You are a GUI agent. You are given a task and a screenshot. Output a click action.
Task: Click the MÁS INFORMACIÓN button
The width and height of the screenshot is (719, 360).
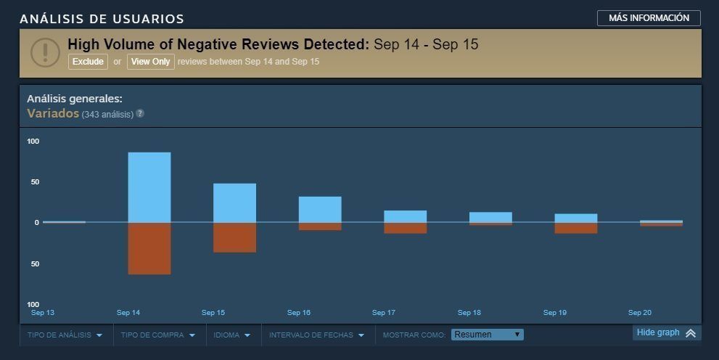click(x=649, y=18)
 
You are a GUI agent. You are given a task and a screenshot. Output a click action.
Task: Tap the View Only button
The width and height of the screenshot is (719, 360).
click(x=151, y=62)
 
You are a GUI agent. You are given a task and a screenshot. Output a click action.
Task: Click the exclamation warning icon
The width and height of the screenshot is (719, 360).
click(x=45, y=52)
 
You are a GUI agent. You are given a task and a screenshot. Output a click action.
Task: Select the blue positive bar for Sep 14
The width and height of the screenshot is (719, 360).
click(x=149, y=187)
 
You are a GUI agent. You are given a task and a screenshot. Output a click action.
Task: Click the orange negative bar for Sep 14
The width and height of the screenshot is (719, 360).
click(x=149, y=248)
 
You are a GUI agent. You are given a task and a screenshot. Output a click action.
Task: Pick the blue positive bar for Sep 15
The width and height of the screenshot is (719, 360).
click(x=234, y=202)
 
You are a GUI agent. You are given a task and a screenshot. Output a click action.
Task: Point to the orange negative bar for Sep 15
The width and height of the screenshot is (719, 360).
click(x=234, y=237)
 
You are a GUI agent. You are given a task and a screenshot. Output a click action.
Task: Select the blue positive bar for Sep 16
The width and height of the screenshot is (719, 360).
click(x=320, y=209)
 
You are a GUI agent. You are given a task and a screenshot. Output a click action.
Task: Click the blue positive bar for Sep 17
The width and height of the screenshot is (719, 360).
click(x=405, y=216)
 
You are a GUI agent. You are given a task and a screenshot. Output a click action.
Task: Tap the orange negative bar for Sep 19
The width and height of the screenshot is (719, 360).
click(x=576, y=228)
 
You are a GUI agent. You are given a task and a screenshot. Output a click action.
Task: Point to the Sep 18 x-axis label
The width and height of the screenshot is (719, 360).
click(x=469, y=313)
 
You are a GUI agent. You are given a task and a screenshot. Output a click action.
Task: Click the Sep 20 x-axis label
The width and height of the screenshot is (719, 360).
click(x=640, y=313)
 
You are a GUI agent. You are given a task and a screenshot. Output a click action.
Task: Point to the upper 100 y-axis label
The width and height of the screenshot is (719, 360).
click(x=33, y=141)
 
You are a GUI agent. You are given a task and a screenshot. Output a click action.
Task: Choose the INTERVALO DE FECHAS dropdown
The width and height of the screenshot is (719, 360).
click(x=316, y=335)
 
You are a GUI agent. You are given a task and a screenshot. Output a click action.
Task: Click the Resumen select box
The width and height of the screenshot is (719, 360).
click(x=487, y=335)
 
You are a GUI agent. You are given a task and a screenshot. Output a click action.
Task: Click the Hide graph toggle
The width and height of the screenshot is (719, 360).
click(x=665, y=333)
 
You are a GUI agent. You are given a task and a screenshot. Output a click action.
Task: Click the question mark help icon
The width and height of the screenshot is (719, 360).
click(x=140, y=114)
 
